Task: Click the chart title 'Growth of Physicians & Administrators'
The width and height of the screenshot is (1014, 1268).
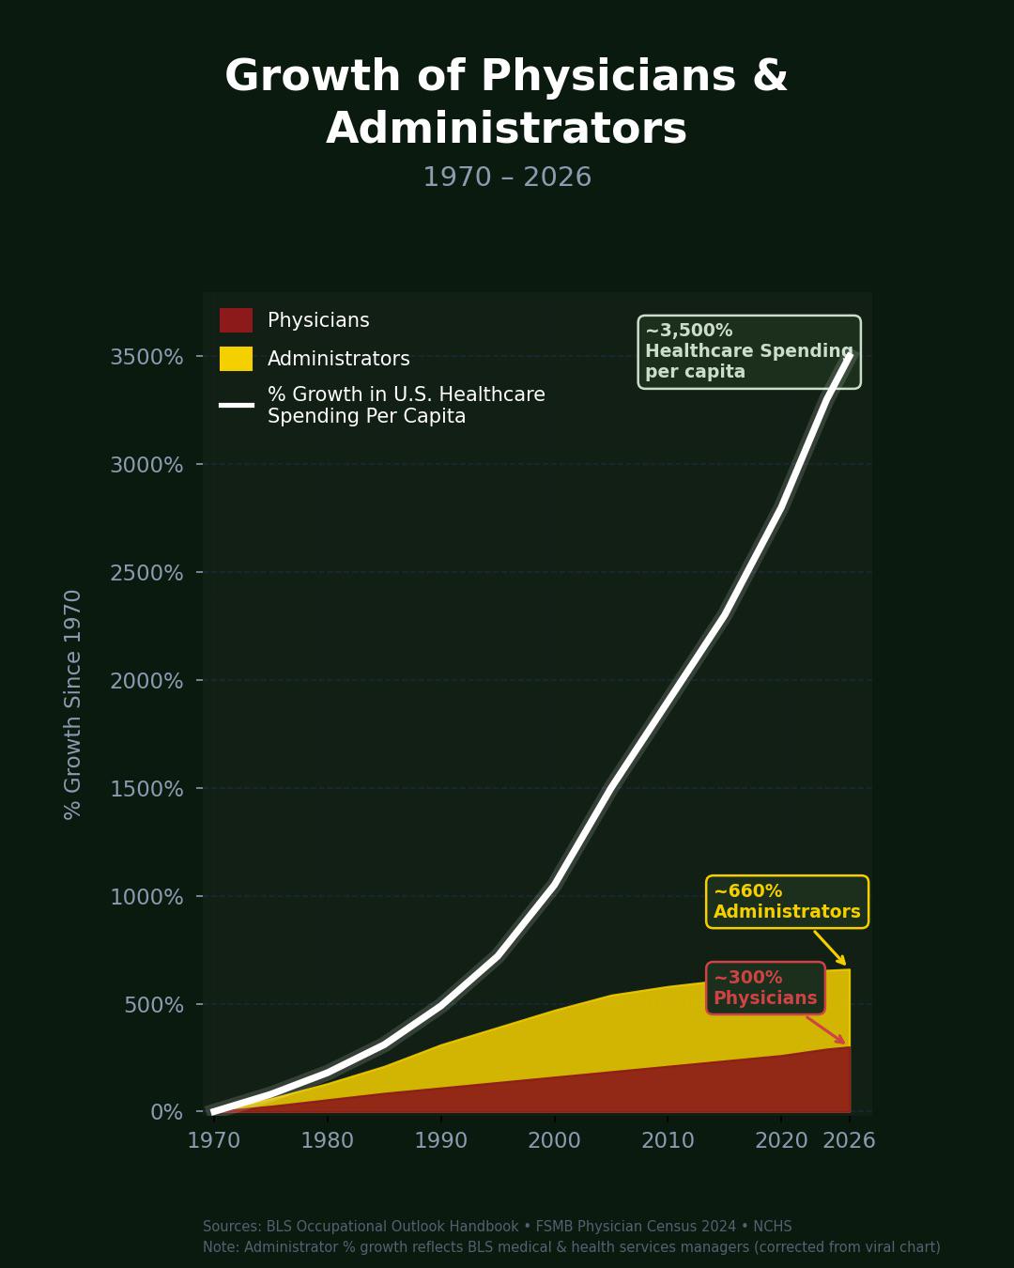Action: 506,101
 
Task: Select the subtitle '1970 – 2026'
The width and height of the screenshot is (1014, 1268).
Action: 507,178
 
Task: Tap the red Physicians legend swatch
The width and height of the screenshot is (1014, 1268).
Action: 236,320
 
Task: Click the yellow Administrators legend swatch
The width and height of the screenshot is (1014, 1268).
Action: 236,359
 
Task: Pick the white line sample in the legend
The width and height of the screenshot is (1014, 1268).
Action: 236,405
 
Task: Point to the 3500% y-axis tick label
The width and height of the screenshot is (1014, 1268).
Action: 146,357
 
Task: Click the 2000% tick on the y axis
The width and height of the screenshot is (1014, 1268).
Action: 146,681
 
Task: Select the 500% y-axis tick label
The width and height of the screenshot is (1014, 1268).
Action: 153,1005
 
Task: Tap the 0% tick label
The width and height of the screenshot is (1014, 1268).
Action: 166,1113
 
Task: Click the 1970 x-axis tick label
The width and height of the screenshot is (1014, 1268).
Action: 214,1140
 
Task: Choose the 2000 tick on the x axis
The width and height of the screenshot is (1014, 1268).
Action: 554,1140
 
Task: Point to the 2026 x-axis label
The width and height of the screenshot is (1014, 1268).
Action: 849,1140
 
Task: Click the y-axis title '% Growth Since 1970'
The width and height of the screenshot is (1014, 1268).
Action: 73,704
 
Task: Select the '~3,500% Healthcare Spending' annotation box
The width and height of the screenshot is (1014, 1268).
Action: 749,352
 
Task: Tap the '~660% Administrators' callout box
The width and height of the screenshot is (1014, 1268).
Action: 787,902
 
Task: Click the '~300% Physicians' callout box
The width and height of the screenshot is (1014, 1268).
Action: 765,988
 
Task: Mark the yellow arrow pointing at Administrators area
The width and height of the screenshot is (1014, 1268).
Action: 830,948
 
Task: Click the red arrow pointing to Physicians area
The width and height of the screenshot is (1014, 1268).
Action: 826,1029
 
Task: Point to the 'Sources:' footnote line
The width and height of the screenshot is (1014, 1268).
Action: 497,1227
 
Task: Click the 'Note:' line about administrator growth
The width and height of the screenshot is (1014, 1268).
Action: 571,1247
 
